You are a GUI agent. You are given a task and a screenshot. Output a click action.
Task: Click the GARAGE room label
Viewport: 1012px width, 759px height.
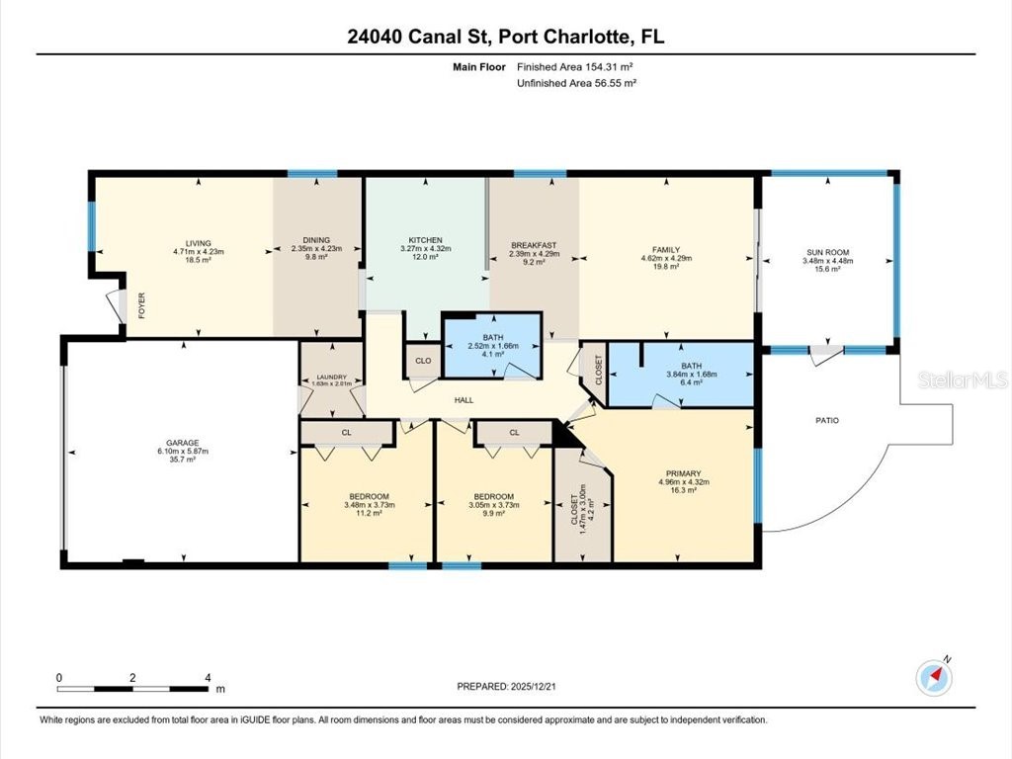point(182,442)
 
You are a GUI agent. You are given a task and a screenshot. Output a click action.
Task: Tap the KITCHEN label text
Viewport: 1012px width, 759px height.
point(425,240)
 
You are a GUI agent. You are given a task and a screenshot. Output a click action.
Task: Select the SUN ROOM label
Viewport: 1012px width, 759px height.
point(827,252)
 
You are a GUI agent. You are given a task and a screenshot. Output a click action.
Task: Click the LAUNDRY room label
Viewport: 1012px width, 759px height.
point(331,377)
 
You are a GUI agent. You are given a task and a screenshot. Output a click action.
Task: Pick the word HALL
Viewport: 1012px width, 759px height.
point(464,400)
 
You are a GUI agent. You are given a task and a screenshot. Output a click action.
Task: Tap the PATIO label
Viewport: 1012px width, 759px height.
point(826,421)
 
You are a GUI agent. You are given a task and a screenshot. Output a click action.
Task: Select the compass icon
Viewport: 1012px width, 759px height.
point(933,676)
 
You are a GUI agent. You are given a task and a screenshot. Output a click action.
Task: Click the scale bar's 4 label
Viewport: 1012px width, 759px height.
point(208,678)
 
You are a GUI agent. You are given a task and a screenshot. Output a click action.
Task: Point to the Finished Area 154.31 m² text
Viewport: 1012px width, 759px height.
point(574,67)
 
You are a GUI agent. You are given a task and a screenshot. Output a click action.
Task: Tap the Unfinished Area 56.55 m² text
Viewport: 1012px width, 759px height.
point(576,84)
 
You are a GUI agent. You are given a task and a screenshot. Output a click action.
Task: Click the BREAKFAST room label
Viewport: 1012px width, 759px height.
point(534,245)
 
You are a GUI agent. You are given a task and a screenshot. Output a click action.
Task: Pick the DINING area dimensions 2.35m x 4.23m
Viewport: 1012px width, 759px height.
point(316,252)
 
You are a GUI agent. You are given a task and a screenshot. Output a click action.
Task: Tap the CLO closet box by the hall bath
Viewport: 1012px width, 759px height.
point(422,361)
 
